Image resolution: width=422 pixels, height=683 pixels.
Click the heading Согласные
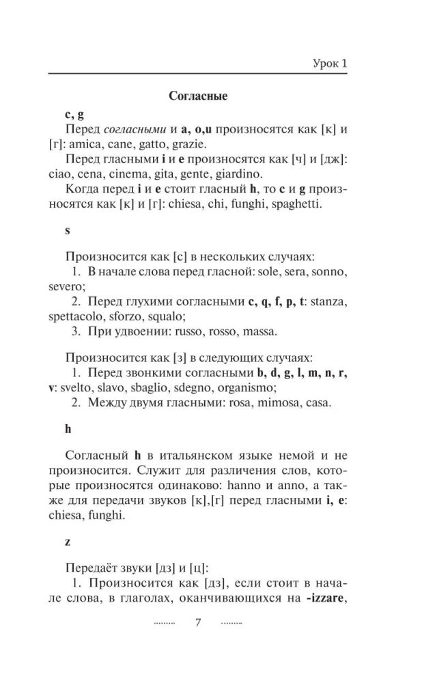198,96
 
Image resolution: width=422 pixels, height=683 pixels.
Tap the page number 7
198,622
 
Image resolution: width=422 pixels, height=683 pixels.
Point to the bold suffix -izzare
318,598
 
